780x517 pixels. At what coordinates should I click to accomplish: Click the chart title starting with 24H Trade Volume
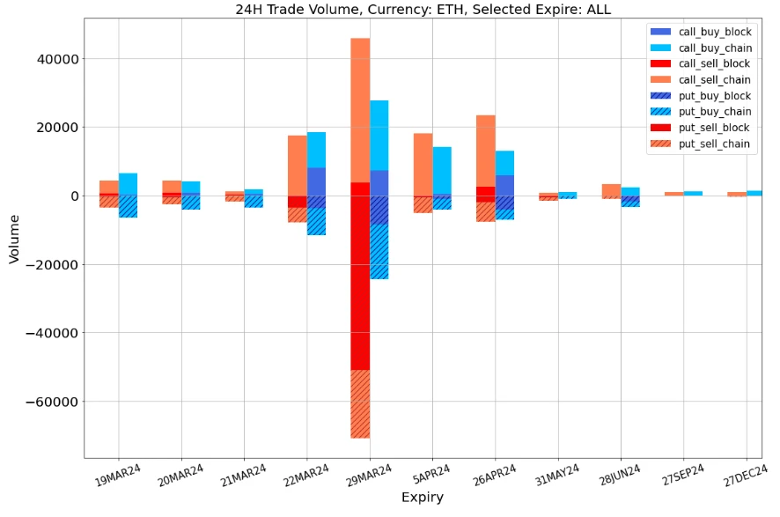pyautogui.click(x=423, y=10)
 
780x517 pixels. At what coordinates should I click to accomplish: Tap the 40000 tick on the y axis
pyautogui.click(x=56, y=59)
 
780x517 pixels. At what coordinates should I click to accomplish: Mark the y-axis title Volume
pyautogui.click(x=14, y=238)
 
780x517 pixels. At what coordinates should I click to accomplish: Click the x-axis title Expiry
pyautogui.click(x=423, y=498)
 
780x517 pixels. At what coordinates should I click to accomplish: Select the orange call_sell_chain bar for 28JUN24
pyautogui.click(x=612, y=189)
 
